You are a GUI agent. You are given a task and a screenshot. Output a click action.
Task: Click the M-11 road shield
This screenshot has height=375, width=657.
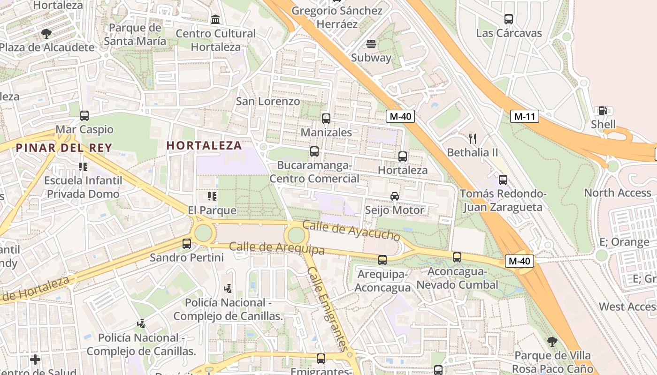click(x=525, y=116)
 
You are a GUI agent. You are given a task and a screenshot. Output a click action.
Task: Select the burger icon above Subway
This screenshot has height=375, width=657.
click(x=371, y=44)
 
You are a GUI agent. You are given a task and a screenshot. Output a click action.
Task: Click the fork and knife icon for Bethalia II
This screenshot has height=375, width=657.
click(x=473, y=138)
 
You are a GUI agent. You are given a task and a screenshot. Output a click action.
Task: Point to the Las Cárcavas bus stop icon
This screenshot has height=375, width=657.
click(x=509, y=19)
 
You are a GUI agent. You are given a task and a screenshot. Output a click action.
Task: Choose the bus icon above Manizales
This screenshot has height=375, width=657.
click(x=326, y=119)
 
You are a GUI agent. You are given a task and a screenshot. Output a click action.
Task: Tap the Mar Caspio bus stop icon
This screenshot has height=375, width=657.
click(x=84, y=115)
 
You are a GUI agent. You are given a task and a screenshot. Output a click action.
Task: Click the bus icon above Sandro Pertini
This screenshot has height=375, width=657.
click(x=187, y=243)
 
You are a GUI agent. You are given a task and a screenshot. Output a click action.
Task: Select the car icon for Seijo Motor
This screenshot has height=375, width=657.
click(x=395, y=196)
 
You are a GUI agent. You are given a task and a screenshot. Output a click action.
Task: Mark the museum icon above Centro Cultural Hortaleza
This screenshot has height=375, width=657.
click(x=215, y=19)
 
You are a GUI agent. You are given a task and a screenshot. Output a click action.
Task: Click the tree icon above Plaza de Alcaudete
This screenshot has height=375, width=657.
click(x=46, y=33)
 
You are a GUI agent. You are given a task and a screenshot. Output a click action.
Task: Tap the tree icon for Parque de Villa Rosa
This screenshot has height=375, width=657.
click(x=552, y=341)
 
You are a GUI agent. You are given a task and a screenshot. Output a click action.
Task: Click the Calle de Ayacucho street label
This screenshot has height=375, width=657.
click(x=351, y=230)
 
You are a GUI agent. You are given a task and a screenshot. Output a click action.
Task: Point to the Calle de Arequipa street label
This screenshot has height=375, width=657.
click(x=276, y=247)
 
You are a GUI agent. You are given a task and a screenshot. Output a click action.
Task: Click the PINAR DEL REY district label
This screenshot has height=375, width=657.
click(x=64, y=148)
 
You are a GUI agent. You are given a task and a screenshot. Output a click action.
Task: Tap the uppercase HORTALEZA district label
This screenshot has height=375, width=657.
click(x=204, y=145)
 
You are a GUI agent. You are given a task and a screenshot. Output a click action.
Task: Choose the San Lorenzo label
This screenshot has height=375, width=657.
click(x=267, y=101)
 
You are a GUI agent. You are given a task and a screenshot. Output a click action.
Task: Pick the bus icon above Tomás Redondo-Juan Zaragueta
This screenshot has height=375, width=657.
click(x=503, y=180)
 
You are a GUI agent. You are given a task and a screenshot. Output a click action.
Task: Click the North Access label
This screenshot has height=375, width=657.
click(x=617, y=193)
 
